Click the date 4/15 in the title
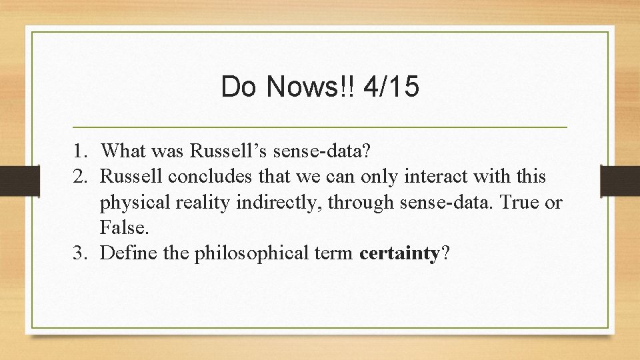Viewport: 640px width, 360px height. pos(392,88)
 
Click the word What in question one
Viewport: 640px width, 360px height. pos(126,152)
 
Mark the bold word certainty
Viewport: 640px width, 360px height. pos(399,253)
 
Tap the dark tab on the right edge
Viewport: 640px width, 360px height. pos(620,180)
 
